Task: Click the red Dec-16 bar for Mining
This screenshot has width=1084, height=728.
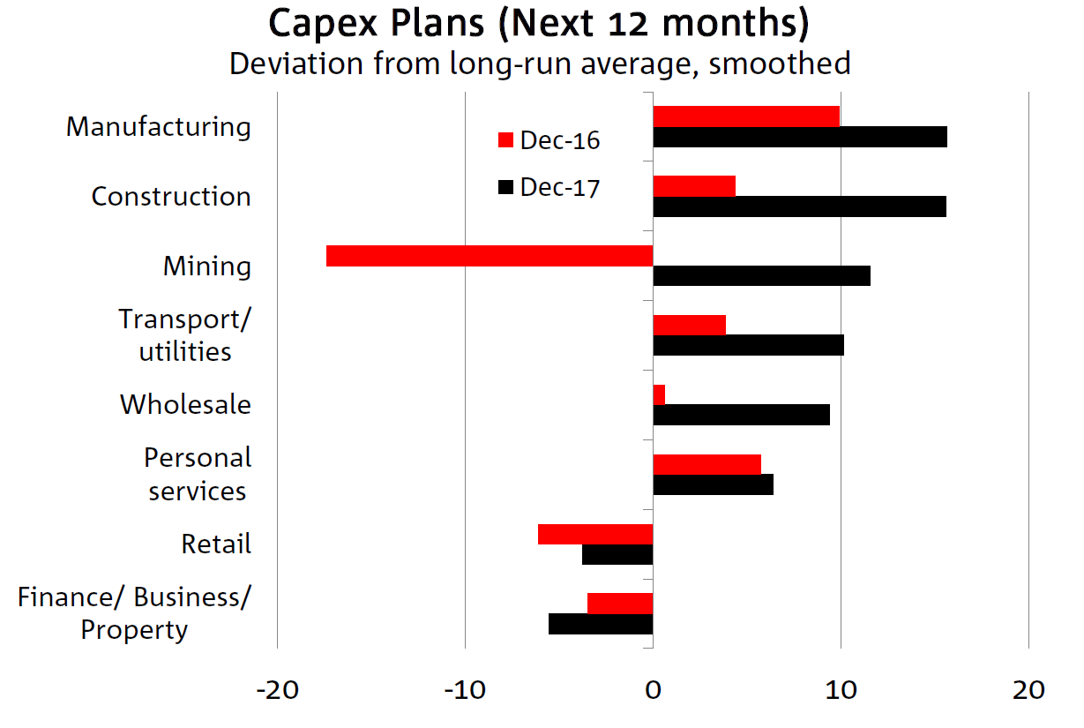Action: [x=490, y=256]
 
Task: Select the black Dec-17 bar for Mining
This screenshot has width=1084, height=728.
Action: [x=761, y=275]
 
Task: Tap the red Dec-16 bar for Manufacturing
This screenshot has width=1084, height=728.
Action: [x=746, y=116]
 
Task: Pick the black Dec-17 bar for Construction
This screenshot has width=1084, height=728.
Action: [x=799, y=206]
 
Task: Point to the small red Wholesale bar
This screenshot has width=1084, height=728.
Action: [x=659, y=394]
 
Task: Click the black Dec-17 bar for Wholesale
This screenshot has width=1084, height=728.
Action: [x=741, y=415]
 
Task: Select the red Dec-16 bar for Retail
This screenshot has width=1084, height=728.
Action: [x=595, y=534]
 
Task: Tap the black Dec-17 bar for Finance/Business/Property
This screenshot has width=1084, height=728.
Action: [x=601, y=624]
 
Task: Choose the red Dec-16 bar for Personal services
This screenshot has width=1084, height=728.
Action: [x=706, y=464]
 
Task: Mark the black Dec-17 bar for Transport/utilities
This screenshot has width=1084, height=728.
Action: [x=748, y=345]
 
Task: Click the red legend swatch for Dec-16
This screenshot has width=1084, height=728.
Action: [x=505, y=140]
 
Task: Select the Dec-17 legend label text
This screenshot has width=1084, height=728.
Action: [x=560, y=187]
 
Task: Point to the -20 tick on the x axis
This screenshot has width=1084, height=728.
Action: [x=276, y=689]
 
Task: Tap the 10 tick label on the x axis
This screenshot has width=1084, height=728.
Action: [x=841, y=689]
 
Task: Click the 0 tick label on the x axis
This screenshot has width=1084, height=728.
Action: [x=653, y=689]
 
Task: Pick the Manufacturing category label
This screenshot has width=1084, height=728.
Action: [x=159, y=127]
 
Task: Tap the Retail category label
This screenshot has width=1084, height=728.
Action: [x=216, y=544]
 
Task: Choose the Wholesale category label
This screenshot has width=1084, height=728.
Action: [x=185, y=405]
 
